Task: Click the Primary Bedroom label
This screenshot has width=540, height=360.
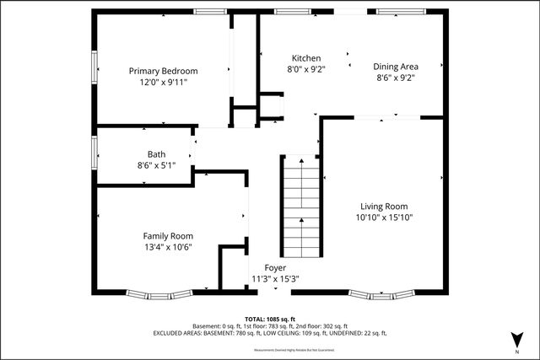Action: [163, 71]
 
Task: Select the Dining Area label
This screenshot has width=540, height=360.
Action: [394, 65]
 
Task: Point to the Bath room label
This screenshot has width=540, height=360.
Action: [156, 154]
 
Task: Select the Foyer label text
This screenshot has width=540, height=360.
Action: [275, 268]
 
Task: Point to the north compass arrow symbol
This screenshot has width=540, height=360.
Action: [515, 338]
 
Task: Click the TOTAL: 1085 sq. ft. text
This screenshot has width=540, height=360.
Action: [269, 318]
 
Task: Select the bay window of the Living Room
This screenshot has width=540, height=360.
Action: [384, 295]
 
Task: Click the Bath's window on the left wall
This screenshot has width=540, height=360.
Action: [94, 153]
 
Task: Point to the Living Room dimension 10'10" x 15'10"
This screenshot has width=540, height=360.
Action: [384, 218]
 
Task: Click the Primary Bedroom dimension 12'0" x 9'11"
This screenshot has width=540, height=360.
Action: [163, 83]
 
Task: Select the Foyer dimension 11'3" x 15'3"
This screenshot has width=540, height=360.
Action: [275, 279]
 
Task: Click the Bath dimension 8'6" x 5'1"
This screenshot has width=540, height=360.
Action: [156, 165]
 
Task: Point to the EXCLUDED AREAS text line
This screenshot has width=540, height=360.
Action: [269, 333]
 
